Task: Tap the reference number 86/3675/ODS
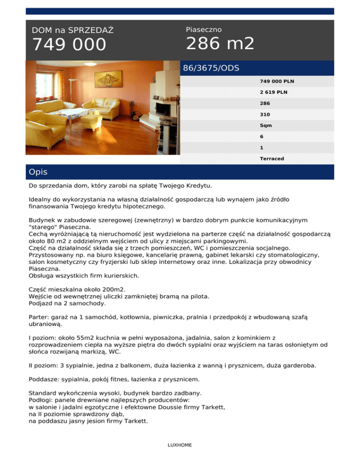pos(211,68)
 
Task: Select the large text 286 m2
pos(220,44)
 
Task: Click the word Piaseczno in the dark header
pos(204,30)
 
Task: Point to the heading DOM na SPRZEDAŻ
pos(73,30)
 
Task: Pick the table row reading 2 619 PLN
pos(274,92)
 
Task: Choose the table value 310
pos(265,114)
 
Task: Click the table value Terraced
pos(272,158)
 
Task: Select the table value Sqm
pos(266,125)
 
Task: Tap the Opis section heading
pos(38,172)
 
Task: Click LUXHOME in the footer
pos(180,445)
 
